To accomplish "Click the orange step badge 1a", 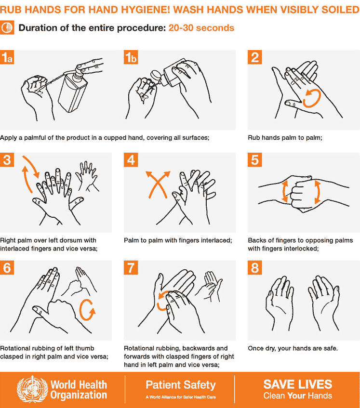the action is (7, 57).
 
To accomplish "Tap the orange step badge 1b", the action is (131, 57).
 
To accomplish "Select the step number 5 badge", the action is (255, 160).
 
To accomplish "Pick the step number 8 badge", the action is (255, 267).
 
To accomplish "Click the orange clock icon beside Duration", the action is (7, 27).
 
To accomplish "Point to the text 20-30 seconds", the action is (201, 28).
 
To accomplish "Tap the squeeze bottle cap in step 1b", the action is (156, 75).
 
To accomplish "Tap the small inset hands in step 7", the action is (209, 286).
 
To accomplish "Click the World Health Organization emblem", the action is (33, 390).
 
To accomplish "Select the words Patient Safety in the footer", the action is (181, 385).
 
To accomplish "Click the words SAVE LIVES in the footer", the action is (298, 384).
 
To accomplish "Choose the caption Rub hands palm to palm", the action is (285, 138).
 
